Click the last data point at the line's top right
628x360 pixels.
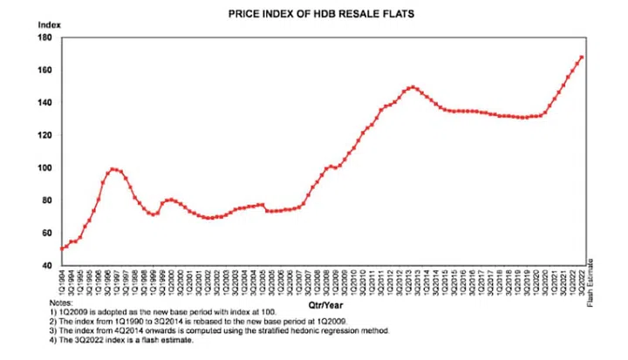[582, 58]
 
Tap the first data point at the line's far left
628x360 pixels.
[62, 248]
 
